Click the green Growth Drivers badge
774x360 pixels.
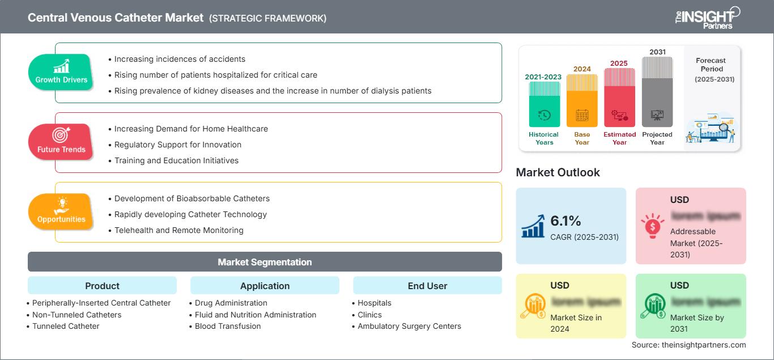click(x=61, y=71)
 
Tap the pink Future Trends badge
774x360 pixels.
click(x=61, y=141)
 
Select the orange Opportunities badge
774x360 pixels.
click(x=61, y=211)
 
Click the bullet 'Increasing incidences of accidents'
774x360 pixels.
click(x=180, y=59)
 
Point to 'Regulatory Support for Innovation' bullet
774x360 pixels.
click(x=177, y=145)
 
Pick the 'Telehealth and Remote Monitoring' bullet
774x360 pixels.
click(x=178, y=230)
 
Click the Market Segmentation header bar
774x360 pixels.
click(x=265, y=262)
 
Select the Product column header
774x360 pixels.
click(x=102, y=286)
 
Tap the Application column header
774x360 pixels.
click(x=265, y=286)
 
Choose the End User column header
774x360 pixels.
click(x=427, y=286)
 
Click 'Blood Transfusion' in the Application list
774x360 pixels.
click(x=228, y=326)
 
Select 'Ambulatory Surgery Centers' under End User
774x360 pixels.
click(x=409, y=326)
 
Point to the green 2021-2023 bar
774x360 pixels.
click(x=544, y=104)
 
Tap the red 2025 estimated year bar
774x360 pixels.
click(x=619, y=97)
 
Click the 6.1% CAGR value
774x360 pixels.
click(x=565, y=221)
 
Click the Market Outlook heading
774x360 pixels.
click(x=558, y=172)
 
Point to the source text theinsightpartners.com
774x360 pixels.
click(x=688, y=345)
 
